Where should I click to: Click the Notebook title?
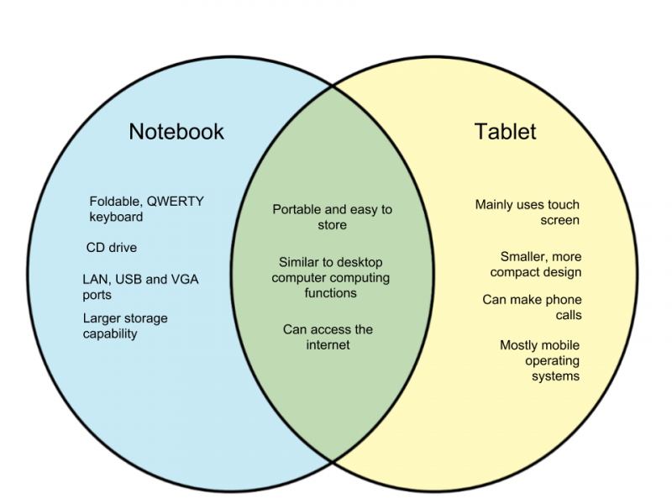[176, 132]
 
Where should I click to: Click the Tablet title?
[505, 132]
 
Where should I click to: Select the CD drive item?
[112, 248]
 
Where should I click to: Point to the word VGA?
[185, 280]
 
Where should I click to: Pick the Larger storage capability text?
[125, 326]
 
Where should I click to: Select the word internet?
[328, 345]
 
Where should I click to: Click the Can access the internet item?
[328, 338]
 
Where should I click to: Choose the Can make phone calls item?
[532, 307]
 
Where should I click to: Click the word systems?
[555, 376]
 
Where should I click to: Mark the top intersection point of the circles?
[333, 87]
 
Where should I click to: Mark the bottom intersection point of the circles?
[333, 461]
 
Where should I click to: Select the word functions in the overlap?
[330, 293]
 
